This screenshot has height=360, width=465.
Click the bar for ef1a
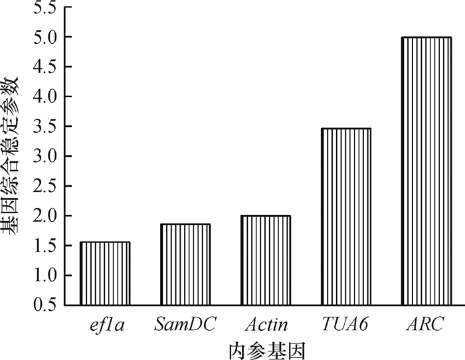point(105,274)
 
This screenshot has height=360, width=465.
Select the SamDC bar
point(185,264)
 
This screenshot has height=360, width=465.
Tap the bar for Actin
point(266,260)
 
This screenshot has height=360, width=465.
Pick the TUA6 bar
point(346,217)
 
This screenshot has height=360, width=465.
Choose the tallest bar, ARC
point(426,171)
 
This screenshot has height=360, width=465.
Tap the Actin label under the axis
point(266,325)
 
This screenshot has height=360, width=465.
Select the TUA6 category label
point(346,325)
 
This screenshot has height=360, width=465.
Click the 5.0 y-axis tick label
point(41,37)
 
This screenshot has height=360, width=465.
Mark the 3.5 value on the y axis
point(41,127)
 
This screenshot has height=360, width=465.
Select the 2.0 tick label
point(41,217)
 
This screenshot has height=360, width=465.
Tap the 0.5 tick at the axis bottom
point(41,306)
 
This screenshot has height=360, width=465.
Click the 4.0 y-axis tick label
point(41,97)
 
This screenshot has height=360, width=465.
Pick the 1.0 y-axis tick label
point(41,276)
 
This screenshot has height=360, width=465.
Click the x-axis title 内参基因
point(266,348)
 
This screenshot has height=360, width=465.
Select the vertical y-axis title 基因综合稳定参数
point(11,156)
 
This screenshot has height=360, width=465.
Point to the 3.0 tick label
point(41,157)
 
